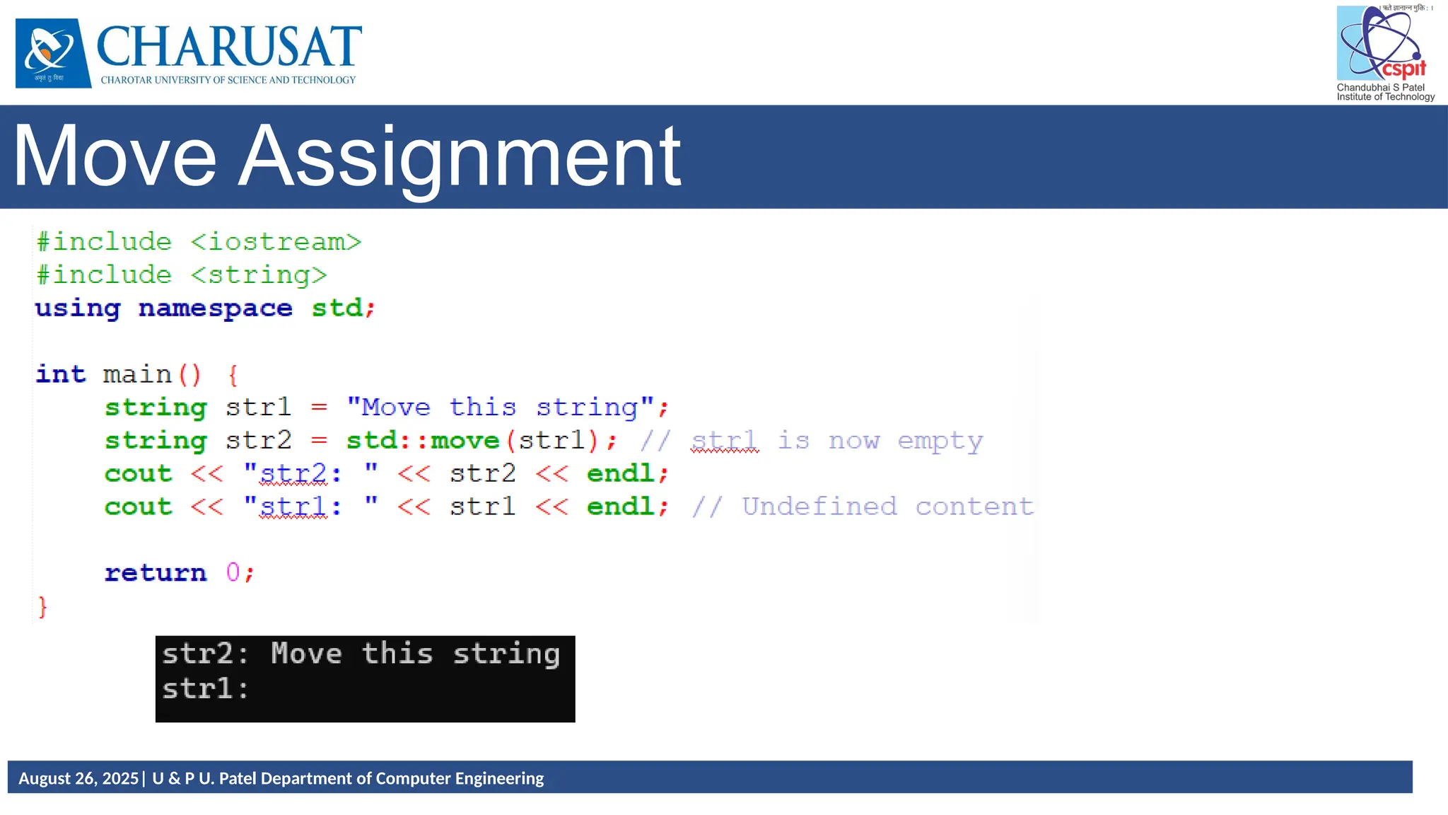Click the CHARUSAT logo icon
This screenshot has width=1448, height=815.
(x=53, y=53)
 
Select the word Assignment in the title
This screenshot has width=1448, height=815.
(x=460, y=157)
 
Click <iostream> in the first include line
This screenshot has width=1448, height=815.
(x=276, y=243)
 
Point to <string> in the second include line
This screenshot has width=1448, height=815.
(x=259, y=275)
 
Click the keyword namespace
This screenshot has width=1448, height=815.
(x=215, y=308)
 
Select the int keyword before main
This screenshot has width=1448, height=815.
(x=61, y=374)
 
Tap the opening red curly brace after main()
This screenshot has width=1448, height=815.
(x=233, y=375)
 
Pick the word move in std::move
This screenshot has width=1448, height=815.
(x=465, y=441)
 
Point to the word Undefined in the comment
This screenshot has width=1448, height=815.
(x=819, y=507)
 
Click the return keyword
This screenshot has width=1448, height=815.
(x=156, y=572)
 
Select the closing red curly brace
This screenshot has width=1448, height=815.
(x=42, y=606)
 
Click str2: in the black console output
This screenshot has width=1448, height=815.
(x=205, y=654)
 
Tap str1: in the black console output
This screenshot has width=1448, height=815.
(x=205, y=688)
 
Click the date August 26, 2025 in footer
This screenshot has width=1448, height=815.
(x=78, y=778)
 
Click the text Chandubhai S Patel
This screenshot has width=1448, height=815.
(x=1380, y=88)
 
